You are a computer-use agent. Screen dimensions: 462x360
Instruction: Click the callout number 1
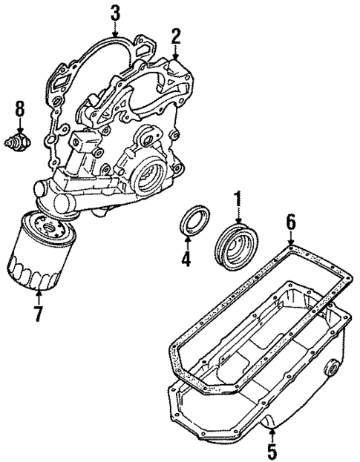click(x=238, y=198)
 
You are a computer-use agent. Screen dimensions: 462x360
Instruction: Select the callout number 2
click(x=176, y=35)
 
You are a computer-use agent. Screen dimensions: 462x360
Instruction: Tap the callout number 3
click(x=114, y=13)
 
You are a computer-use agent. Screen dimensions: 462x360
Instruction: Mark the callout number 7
click(x=36, y=313)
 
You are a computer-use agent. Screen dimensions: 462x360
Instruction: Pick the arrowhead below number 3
click(x=114, y=34)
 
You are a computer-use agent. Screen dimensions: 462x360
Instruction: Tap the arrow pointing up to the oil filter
click(x=36, y=294)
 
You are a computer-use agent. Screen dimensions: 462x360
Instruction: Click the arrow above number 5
click(x=272, y=432)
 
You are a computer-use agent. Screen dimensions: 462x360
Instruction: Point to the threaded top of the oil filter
click(x=46, y=220)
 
